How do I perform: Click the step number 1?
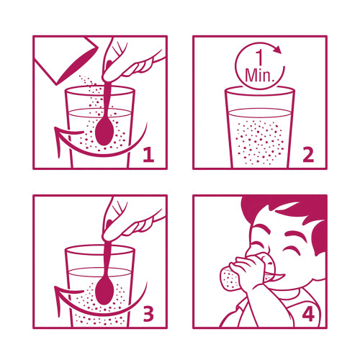[149, 155]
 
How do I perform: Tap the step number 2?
[308, 155]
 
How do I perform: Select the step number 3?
[148, 314]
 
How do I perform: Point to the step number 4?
[308, 315]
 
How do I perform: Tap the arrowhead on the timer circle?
[278, 49]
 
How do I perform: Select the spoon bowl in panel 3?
[104, 291]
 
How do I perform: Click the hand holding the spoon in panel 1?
[127, 63]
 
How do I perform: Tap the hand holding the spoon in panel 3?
[127, 222]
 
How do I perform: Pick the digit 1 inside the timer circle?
[260, 58]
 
